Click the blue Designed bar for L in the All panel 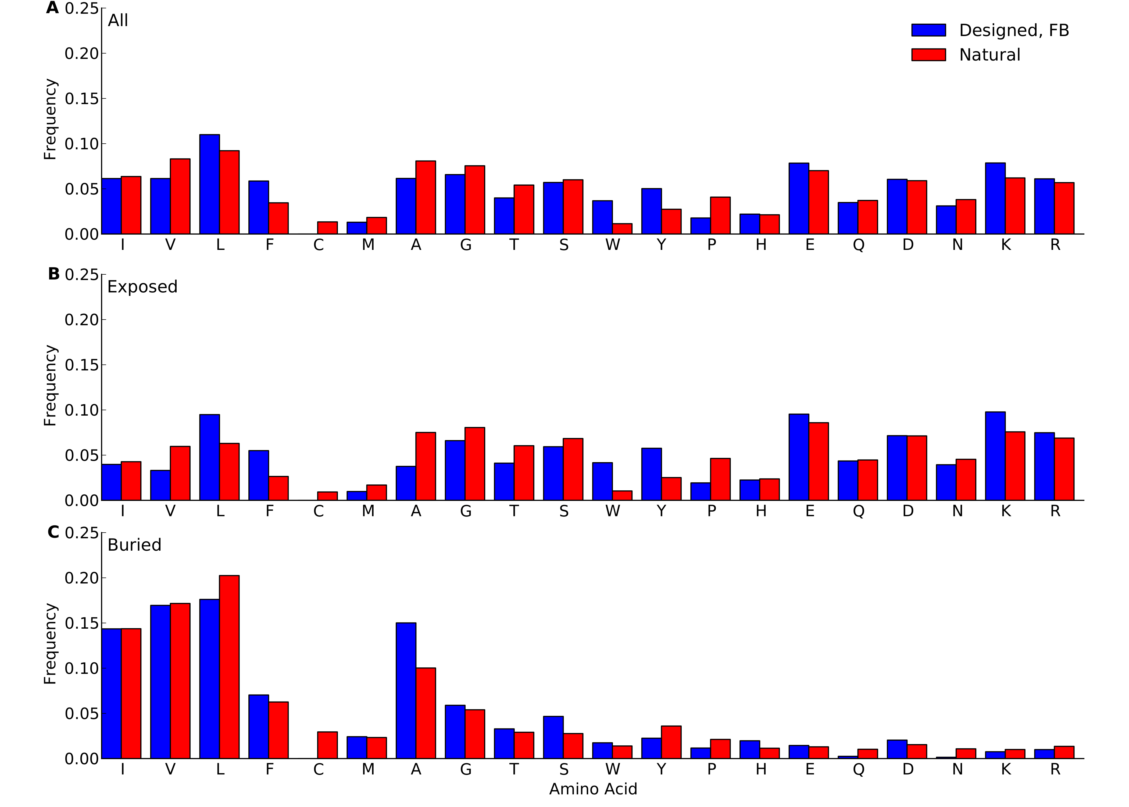(x=209, y=184)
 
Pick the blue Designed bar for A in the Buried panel (x=406, y=691)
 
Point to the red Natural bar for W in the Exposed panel (x=622, y=495)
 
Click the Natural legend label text (x=989, y=55)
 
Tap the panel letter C (x=53, y=532)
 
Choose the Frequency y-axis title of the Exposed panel (x=50, y=385)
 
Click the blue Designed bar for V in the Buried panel (x=160, y=682)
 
